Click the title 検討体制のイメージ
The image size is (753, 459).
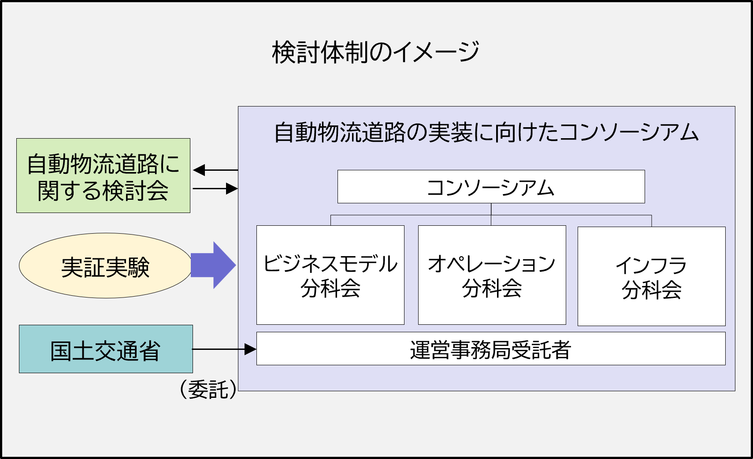tap(375, 52)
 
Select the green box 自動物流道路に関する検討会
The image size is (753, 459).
tap(103, 176)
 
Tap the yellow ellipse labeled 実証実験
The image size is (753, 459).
tap(105, 266)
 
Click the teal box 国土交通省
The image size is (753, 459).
tap(106, 349)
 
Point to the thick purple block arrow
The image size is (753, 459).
tap(213, 265)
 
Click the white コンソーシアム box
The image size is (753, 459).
tap(491, 187)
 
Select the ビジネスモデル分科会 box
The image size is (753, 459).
tap(330, 275)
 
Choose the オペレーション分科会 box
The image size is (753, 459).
tap(492, 275)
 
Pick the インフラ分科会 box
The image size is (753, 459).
tap(652, 276)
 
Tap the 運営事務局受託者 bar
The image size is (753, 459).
tap(491, 349)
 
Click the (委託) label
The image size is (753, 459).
tap(208, 389)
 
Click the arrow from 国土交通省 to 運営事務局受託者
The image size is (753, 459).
tap(224, 349)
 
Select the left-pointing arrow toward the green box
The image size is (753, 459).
tap(215, 170)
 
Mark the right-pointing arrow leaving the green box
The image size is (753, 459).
tap(215, 189)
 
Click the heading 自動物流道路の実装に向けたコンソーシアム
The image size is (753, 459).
tap(486, 132)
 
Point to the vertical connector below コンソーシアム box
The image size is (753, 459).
tap(491, 214)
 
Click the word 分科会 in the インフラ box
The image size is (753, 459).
tap(652, 290)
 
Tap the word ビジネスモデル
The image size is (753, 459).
tap(330, 264)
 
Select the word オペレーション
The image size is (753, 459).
tap(492, 264)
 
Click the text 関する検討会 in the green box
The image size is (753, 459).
tap(103, 191)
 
